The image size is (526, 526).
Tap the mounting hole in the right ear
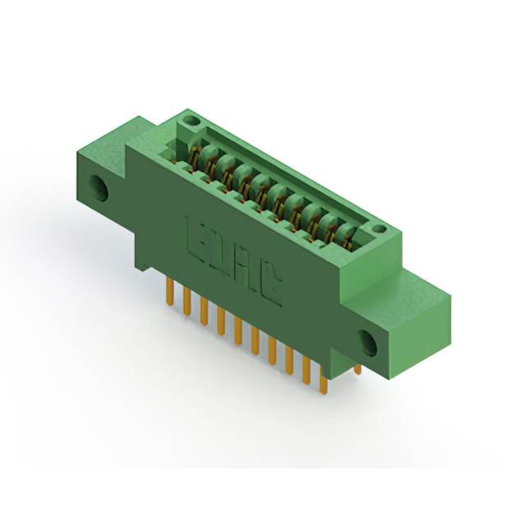tap(367, 342)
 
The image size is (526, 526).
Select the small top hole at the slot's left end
tap(191, 122)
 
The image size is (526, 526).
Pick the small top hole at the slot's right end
tap(376, 229)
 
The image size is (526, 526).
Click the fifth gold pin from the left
tap(238, 329)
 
